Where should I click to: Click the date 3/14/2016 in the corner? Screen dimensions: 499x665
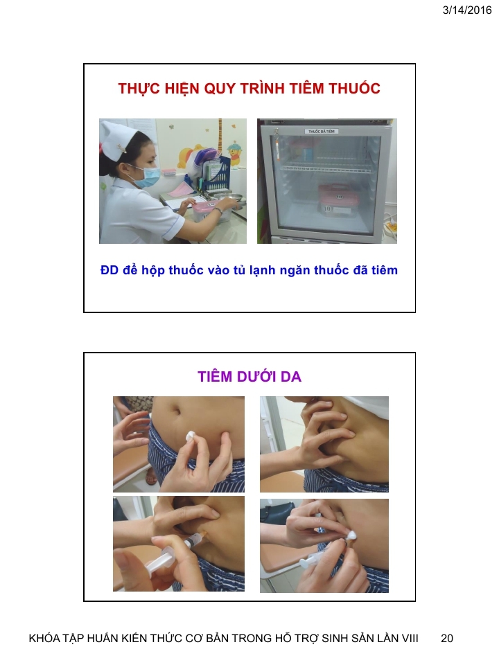pyautogui.click(x=466, y=10)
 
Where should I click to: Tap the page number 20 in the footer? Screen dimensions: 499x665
pyautogui.click(x=447, y=638)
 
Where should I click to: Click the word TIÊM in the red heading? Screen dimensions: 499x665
pyautogui.click(x=306, y=88)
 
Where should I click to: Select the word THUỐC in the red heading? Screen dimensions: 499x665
pyautogui.click(x=354, y=88)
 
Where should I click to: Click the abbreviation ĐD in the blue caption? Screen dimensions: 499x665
pyautogui.click(x=110, y=270)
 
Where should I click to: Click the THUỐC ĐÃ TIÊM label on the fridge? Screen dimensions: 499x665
pyautogui.click(x=321, y=132)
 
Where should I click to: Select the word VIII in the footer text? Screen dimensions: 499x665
pyautogui.click(x=410, y=638)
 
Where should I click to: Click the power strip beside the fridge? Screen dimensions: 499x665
pyautogui.click(x=391, y=227)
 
